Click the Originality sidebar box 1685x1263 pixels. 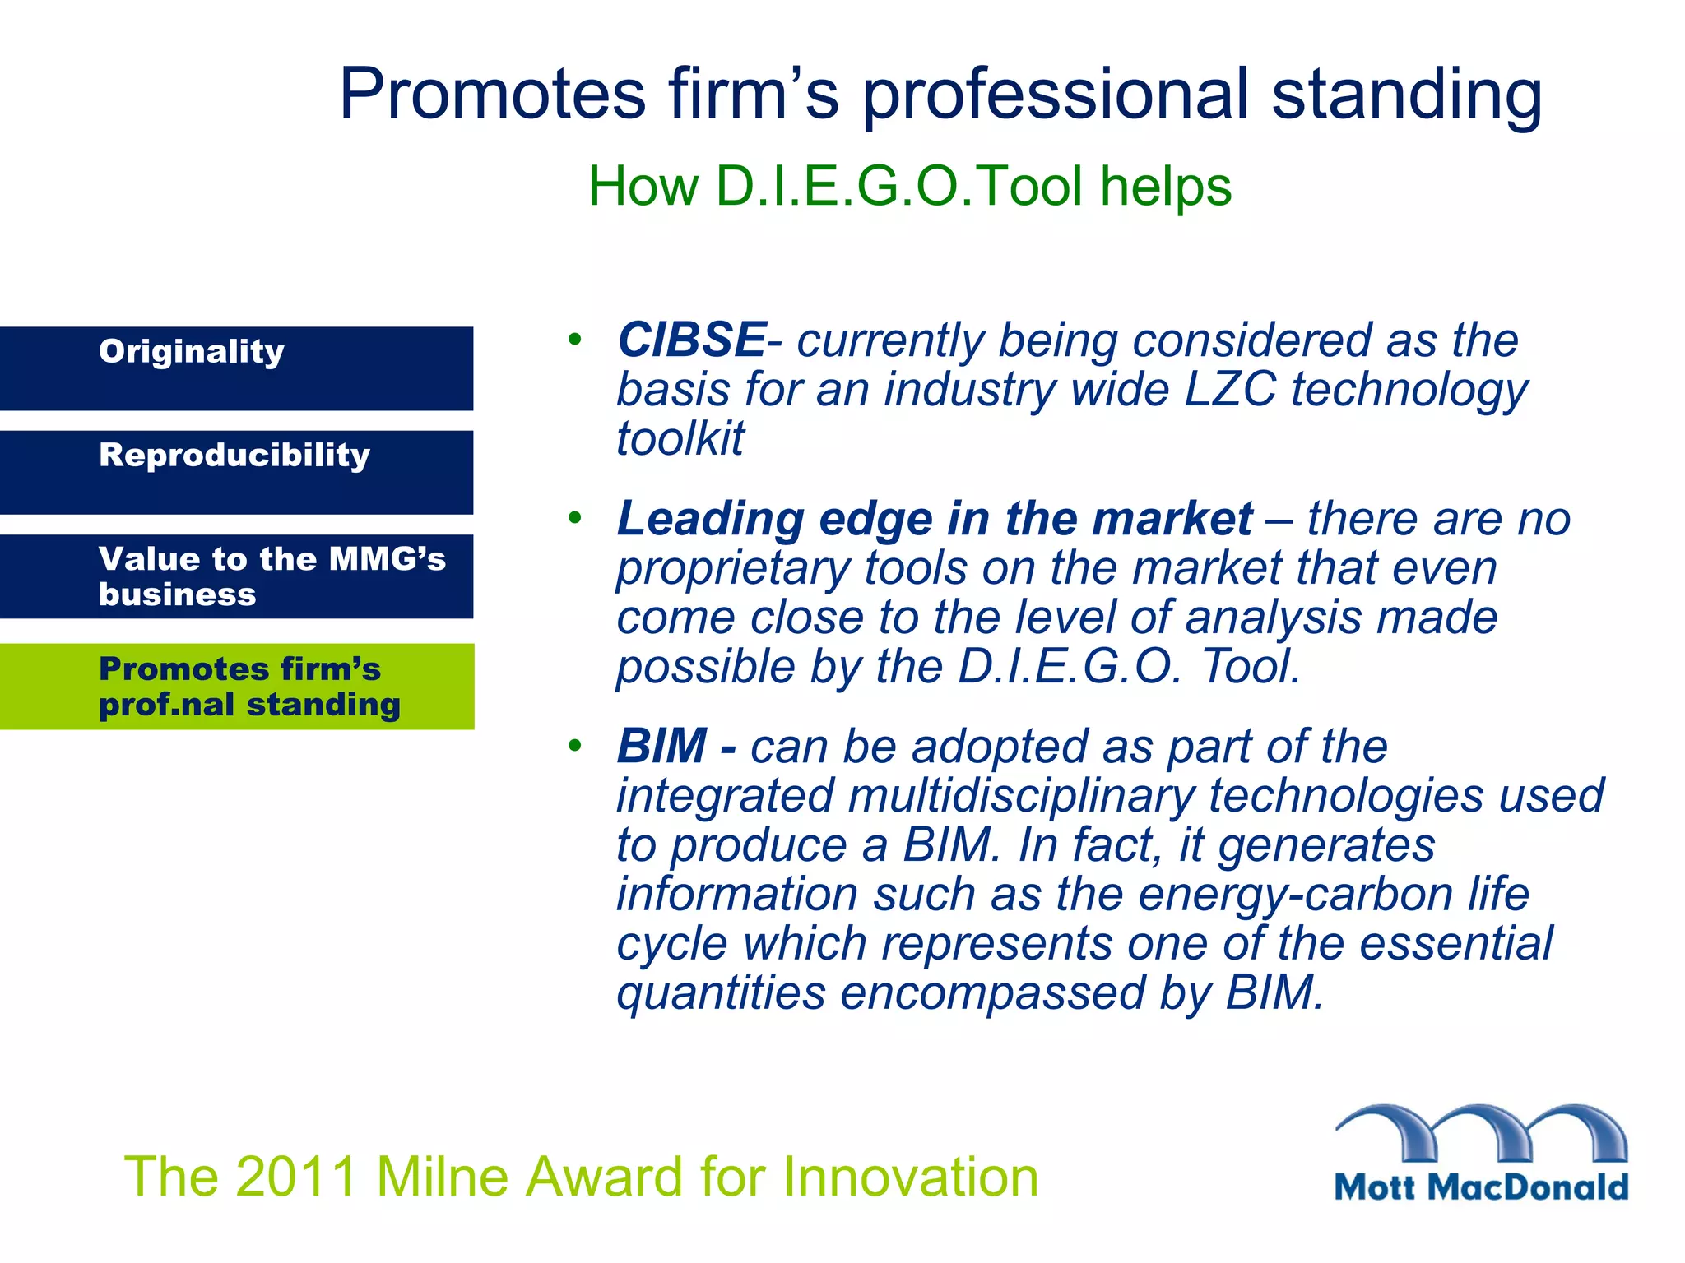click(236, 368)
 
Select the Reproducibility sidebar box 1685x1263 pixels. click(236, 472)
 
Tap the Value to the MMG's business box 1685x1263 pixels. click(236, 576)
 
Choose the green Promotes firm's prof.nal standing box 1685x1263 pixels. click(236, 686)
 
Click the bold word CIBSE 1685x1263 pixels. click(691, 340)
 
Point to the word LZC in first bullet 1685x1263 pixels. click(1230, 389)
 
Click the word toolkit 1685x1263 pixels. click(680, 438)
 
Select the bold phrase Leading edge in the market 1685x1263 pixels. click(935, 519)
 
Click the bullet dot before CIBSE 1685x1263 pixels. click(574, 339)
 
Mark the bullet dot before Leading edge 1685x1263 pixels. click(574, 518)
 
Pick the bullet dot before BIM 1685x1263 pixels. click(574, 746)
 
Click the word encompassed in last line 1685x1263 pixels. click(992, 992)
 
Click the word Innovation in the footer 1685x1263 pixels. click(911, 1177)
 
